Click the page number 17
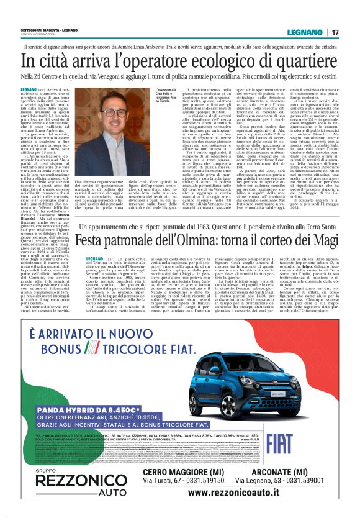pos(335,32)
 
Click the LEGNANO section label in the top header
pos(308,32)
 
